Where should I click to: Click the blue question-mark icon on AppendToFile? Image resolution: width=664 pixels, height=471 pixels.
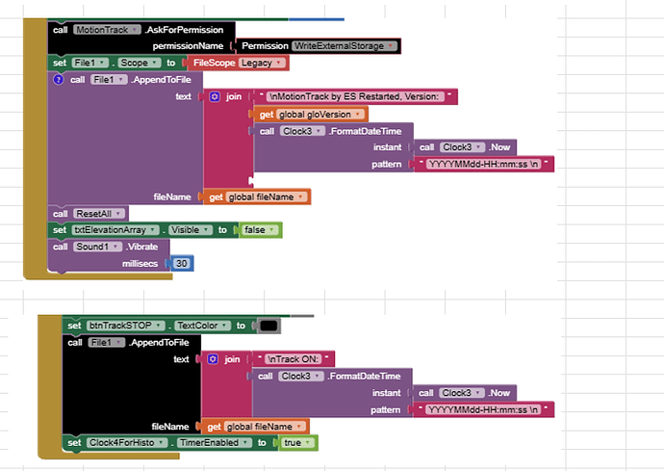pos(58,79)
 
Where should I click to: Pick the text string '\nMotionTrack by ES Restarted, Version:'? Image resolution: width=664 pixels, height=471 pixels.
pos(357,96)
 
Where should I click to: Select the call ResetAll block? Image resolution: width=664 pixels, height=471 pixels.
pos(89,213)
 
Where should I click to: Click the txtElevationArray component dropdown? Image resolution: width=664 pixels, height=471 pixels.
pos(117,230)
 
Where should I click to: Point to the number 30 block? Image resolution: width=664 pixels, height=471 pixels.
pos(183,263)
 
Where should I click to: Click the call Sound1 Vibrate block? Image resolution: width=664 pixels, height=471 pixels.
pos(106,247)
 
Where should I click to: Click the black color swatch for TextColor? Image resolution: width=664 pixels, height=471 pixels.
pos(269,326)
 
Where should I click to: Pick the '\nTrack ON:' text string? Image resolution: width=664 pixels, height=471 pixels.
pos(294,358)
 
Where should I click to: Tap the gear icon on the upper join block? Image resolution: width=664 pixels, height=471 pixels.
pos(214,97)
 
